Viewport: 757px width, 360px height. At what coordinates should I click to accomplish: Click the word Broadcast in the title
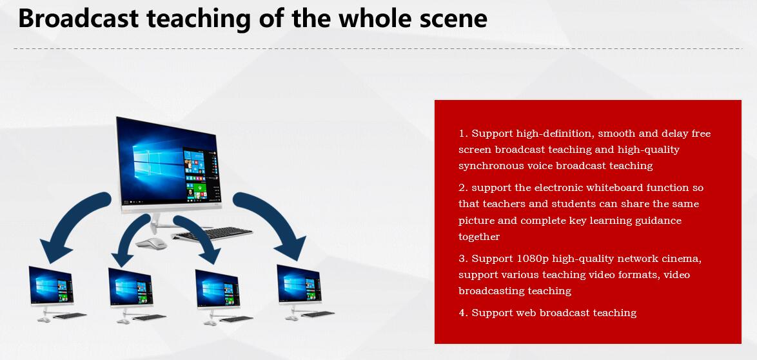coord(78,18)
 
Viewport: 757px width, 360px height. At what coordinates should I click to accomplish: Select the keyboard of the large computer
coord(212,234)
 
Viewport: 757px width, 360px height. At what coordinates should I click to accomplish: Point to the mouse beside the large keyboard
coord(151,243)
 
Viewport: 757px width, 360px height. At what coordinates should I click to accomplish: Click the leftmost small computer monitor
coord(51,286)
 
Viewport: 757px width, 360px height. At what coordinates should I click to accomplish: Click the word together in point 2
coord(479,237)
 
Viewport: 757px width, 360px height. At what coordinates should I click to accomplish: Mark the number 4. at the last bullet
coord(464,313)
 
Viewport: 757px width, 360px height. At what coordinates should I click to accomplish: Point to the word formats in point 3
coord(641,275)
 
